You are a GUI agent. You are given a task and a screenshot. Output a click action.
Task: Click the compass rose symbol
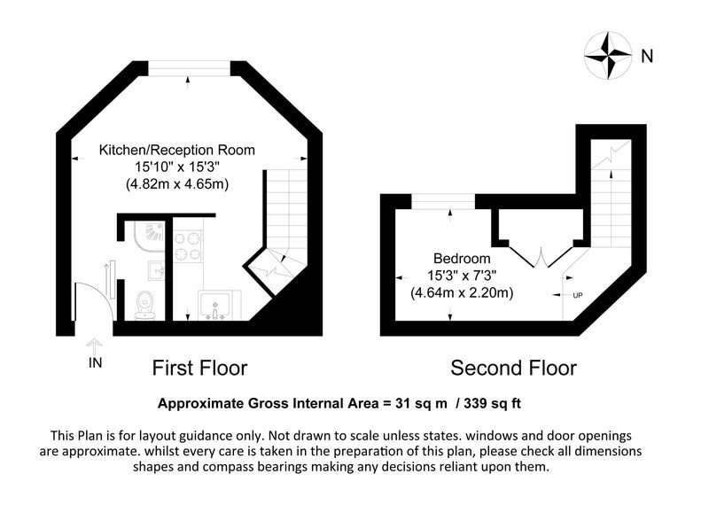point(608,56)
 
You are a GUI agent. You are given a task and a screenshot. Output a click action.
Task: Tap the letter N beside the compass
point(647,56)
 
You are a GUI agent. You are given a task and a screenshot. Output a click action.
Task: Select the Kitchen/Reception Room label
point(176,150)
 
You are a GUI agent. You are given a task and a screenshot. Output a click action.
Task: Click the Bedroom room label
point(462,259)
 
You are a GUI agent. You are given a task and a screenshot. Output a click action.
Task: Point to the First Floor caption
point(200,368)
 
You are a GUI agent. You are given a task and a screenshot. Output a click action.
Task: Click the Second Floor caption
point(513,368)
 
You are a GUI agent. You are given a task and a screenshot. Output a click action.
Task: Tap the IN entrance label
point(96,362)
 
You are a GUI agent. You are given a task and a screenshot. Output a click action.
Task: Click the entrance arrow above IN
point(95,346)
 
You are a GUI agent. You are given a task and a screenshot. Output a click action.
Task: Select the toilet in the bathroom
point(145,305)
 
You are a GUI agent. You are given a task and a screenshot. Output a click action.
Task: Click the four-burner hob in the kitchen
point(187,246)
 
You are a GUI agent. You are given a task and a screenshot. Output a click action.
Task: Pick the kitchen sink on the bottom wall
point(215,306)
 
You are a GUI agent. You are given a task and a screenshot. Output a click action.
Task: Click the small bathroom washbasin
point(156,270)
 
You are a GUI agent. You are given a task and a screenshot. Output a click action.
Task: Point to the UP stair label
point(578,296)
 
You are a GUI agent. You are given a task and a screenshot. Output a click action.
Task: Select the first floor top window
point(189,68)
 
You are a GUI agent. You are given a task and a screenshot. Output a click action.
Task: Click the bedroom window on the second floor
point(442,202)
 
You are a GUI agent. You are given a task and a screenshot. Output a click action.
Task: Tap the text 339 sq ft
point(493,403)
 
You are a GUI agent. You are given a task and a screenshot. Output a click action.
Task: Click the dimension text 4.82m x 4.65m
point(176,184)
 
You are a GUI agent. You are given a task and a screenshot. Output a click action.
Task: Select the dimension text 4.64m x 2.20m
point(462,293)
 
